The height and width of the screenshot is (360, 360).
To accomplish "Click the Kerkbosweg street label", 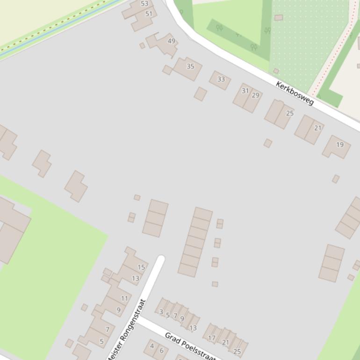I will coord(295,93).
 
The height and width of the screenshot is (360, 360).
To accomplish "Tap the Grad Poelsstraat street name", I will coord(190,346).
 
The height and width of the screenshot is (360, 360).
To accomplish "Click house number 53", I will coord(144,4).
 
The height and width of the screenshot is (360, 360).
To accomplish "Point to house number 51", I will coord(149,14).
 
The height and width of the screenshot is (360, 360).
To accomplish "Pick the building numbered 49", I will coord(171,41).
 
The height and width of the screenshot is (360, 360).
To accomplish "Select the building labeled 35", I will coord(190,66).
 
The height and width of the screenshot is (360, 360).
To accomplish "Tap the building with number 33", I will coord(221,79).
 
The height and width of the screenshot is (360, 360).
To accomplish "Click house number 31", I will coord(245,91).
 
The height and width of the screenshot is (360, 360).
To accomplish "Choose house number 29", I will coord(255,95).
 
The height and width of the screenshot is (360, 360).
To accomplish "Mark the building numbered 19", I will coord(339,145).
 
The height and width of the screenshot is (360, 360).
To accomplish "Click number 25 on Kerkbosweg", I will coord(289,113).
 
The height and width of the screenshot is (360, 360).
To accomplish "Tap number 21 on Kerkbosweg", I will coord(318,128).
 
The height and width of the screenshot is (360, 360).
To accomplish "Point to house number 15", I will coord(141,267).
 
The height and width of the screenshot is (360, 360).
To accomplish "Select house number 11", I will coord(124,298).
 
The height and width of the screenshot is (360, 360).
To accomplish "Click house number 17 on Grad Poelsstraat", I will coord(212,338).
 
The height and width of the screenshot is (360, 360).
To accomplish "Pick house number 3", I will coord(161,312).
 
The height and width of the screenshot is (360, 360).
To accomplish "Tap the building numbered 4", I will coord(151,346).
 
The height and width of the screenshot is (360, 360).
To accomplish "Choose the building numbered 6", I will coord(162,351).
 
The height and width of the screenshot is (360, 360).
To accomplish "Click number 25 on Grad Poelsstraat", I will coord(237,352).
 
